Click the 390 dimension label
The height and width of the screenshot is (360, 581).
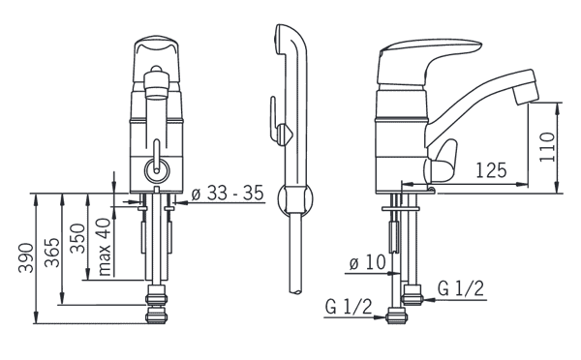coord(26,257)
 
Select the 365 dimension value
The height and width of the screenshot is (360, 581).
coord(52,253)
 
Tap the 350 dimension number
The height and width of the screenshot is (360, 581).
coord(77,238)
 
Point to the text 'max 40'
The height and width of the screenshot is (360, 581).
coord(105,247)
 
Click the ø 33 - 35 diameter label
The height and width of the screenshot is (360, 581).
coord(228,193)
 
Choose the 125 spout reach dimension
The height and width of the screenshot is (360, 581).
coord(491,170)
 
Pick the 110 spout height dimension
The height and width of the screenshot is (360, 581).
coord(547,147)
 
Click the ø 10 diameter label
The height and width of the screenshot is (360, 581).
coord(367,262)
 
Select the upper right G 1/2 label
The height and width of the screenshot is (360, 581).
coord(461,288)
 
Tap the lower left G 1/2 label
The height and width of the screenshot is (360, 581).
coord(349,307)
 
